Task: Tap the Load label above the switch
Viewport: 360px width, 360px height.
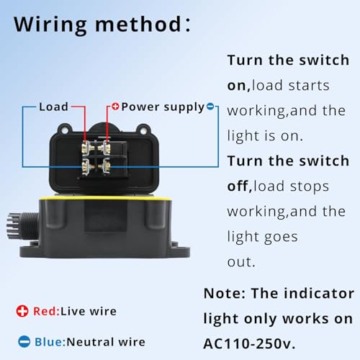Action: coord(53,107)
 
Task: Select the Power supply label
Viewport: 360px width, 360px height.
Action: coord(162,107)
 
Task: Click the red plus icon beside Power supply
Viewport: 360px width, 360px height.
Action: coord(114,107)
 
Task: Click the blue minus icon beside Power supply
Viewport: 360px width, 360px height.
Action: coord(210,107)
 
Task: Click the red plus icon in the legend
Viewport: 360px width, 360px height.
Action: coord(24,311)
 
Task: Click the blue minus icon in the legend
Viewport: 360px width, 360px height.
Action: coord(24,342)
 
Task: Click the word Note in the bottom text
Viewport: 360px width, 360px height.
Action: coord(224,294)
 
